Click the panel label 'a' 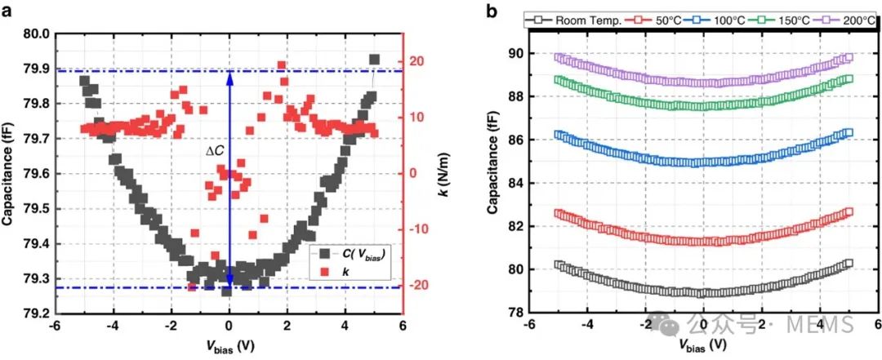tap(8, 11)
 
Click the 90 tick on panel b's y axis tap(514, 54)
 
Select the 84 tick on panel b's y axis tap(514, 183)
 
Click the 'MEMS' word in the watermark tap(823, 325)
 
